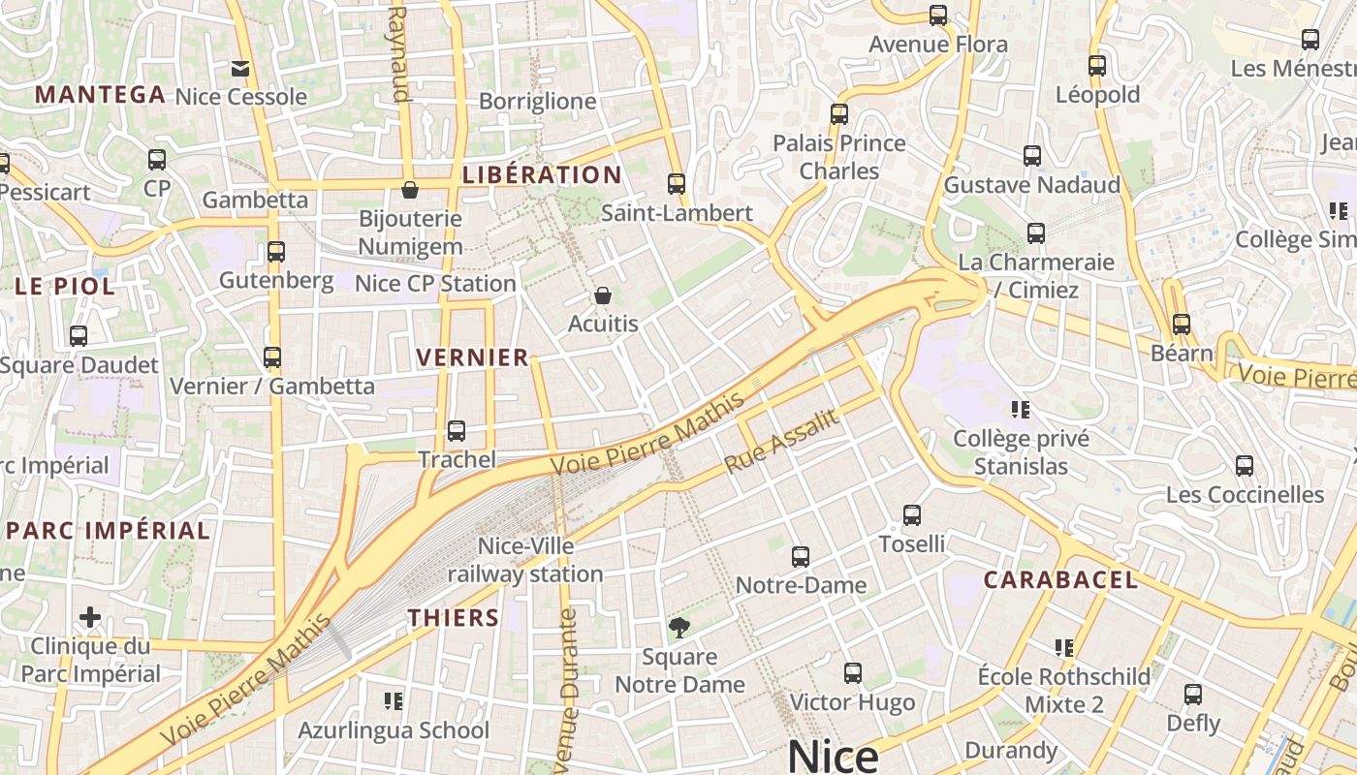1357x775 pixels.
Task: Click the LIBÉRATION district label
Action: tap(542, 175)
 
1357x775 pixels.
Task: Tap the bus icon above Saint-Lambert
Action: tap(677, 183)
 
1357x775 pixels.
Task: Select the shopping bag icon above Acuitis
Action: tap(603, 294)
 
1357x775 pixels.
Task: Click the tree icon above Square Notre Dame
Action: tap(679, 627)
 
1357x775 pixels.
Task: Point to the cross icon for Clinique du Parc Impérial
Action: tap(90, 617)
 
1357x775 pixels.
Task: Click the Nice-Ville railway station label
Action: tap(525, 560)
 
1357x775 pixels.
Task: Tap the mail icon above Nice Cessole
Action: tap(240, 68)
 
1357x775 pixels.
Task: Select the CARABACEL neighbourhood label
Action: tap(1060, 580)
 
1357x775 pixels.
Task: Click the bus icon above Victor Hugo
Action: tap(853, 672)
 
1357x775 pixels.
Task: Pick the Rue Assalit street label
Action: tap(781, 441)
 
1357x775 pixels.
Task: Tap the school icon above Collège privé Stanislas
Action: tap(1020, 409)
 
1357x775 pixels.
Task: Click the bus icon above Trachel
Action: tap(457, 430)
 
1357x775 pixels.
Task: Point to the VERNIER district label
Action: tap(473, 357)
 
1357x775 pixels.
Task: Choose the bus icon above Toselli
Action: tap(912, 514)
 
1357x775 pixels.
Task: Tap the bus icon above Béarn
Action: tap(1182, 324)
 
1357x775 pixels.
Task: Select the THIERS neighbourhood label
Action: tap(454, 618)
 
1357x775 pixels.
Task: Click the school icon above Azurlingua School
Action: tap(394, 699)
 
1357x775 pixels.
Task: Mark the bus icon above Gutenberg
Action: tap(276, 252)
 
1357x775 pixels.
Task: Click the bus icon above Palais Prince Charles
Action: tap(839, 113)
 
